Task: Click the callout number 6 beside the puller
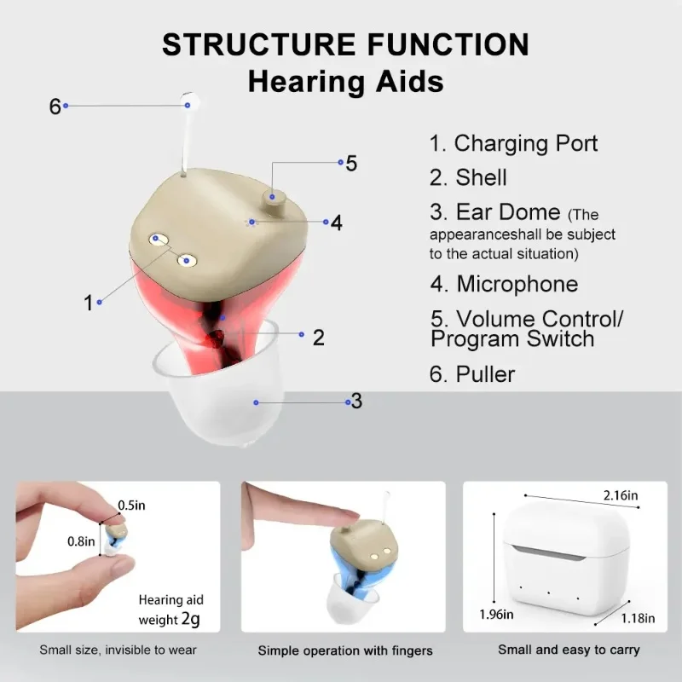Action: point(55,106)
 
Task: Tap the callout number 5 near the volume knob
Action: point(351,164)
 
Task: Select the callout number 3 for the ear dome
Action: point(356,401)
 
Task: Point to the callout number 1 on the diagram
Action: point(89,303)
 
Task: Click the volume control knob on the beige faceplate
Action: point(272,203)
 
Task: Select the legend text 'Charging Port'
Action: point(526,143)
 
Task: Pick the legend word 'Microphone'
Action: point(517,284)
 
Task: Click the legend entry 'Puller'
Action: point(485,374)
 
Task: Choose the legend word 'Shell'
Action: point(481,177)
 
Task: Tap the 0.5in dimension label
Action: point(131,506)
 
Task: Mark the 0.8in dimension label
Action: point(81,541)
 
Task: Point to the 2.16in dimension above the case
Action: point(621,495)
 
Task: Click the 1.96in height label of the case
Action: point(496,615)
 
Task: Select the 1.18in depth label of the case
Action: point(638,619)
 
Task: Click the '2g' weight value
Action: point(190,619)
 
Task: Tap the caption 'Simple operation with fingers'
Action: point(345,650)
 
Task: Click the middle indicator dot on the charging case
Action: point(548,592)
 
